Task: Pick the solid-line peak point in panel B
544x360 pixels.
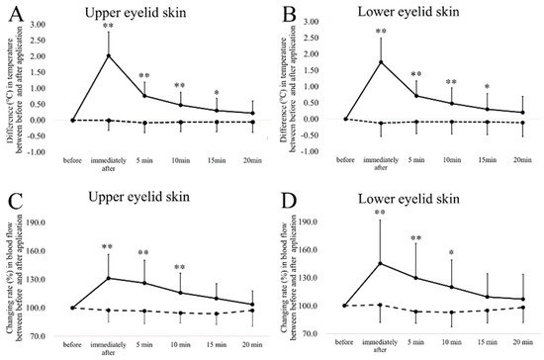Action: click(380, 62)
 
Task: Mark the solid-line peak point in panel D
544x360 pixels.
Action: click(380, 263)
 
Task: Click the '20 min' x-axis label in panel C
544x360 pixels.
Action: click(251, 343)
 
